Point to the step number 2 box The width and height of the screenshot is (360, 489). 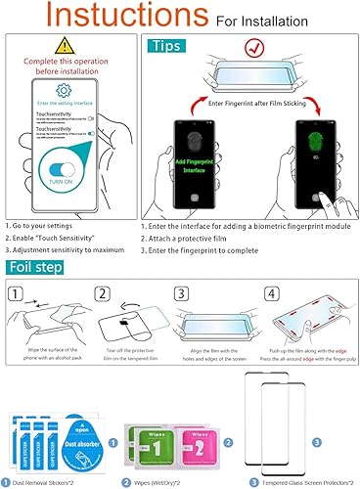coord(102,294)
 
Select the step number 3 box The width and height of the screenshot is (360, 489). coord(183,294)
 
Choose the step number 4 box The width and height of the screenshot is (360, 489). coord(271,294)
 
